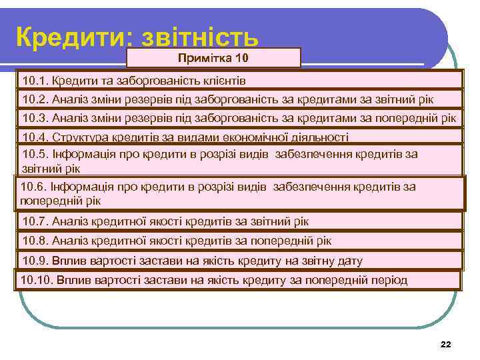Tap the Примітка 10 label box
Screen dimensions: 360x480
(213, 57)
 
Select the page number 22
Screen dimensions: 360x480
(446, 344)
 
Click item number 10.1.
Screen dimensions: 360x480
(34, 81)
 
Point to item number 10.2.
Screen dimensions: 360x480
(34, 99)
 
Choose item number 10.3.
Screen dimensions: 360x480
(34, 118)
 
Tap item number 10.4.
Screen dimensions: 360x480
(34, 137)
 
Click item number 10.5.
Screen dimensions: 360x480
(34, 154)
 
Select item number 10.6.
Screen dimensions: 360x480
(33, 187)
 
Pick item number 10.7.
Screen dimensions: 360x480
(34, 221)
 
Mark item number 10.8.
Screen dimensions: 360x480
(34, 241)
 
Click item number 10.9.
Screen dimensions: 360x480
(34, 260)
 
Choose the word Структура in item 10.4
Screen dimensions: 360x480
(75, 137)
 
